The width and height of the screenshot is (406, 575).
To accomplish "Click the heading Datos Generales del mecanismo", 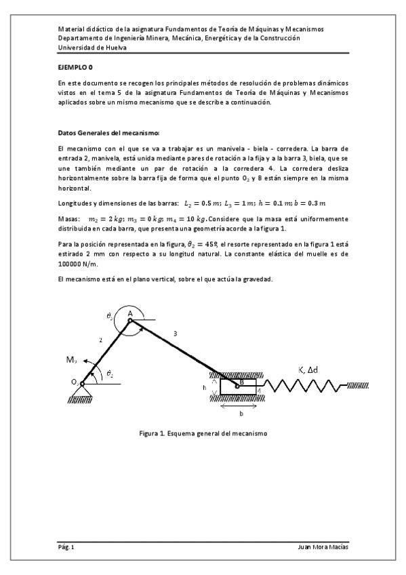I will (108, 133).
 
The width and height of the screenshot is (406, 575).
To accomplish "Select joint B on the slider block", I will (237, 384).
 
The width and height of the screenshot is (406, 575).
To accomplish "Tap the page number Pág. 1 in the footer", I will (66, 547).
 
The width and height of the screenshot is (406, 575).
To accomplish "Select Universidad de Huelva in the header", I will (87, 47).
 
